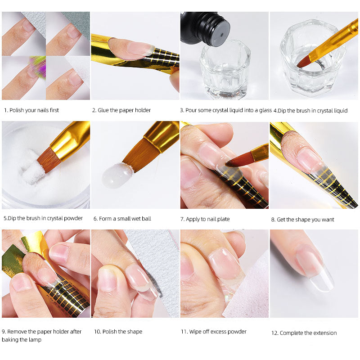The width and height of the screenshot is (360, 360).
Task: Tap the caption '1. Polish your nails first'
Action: pyautogui.click(x=31, y=110)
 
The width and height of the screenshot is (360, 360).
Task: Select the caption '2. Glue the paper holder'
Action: pyautogui.click(x=121, y=110)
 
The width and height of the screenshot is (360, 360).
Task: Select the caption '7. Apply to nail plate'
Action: pyautogui.click(x=205, y=219)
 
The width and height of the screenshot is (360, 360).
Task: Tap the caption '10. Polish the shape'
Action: pyautogui.click(x=118, y=332)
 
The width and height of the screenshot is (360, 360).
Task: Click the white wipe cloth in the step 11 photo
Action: pyautogui.click(x=252, y=292)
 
